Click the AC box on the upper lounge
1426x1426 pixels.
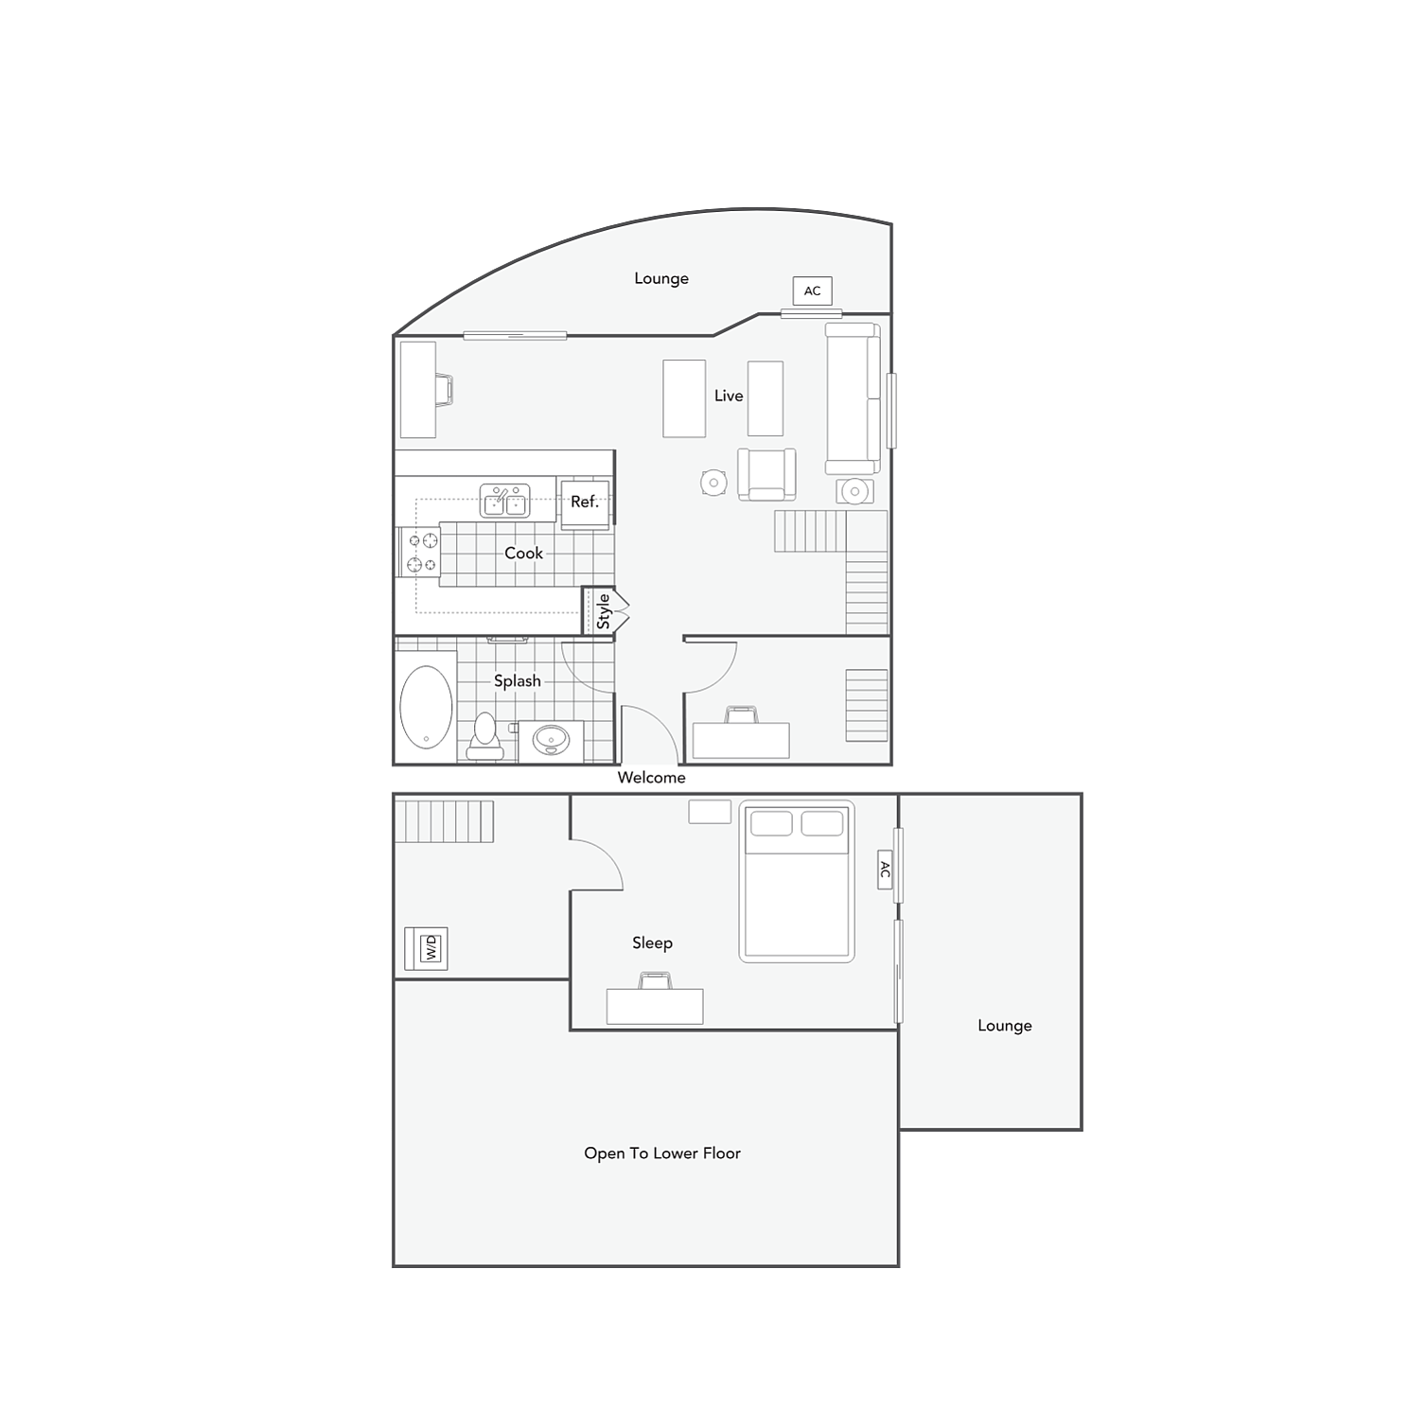click(x=812, y=290)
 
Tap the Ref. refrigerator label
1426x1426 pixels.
click(x=585, y=502)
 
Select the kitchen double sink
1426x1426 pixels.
click(x=504, y=501)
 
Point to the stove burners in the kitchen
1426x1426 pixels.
click(x=422, y=553)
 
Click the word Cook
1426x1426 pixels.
click(x=523, y=553)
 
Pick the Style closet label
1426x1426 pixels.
click(x=604, y=611)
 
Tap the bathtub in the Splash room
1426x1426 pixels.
click(x=426, y=706)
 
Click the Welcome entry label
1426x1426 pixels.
click(x=651, y=778)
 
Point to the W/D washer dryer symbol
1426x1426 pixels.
click(x=431, y=947)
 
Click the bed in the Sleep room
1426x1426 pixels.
click(x=796, y=882)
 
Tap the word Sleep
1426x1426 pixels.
click(x=652, y=942)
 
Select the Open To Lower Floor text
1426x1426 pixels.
click(x=661, y=1153)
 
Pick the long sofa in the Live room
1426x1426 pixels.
click(x=853, y=398)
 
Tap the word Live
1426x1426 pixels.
click(x=729, y=396)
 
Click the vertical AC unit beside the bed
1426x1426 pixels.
click(x=885, y=870)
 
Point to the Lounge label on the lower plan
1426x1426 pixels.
click(x=1004, y=1026)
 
